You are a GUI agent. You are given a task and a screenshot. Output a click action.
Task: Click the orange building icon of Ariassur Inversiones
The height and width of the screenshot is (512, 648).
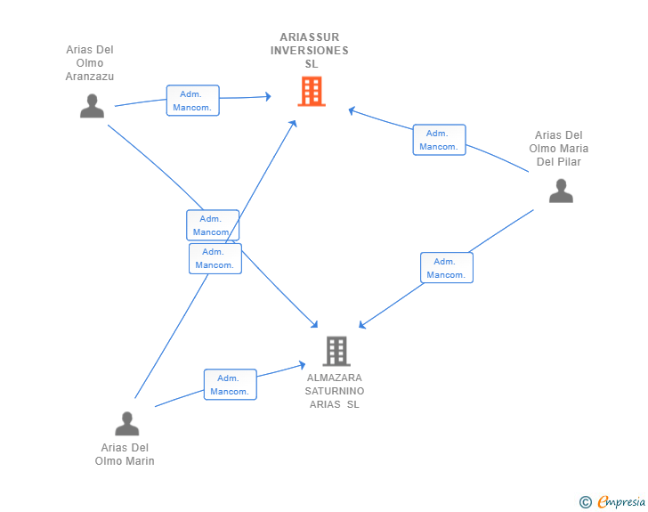(x=311, y=91)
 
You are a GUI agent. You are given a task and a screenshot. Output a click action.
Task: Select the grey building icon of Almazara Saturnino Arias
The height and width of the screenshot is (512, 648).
(x=336, y=352)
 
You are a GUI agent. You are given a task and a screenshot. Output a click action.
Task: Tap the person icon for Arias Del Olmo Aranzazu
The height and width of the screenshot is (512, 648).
(x=92, y=106)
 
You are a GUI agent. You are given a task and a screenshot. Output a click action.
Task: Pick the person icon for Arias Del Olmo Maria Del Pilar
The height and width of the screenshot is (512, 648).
(x=561, y=191)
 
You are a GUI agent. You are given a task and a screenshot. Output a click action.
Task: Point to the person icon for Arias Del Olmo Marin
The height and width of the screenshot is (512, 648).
(x=127, y=423)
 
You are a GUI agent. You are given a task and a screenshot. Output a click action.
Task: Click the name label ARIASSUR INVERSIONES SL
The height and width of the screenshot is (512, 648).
(x=310, y=51)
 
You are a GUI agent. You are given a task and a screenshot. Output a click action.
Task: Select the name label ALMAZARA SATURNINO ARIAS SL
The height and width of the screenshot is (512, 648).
(x=335, y=391)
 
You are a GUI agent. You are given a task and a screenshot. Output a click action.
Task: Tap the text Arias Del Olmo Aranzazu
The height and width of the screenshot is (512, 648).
(x=90, y=63)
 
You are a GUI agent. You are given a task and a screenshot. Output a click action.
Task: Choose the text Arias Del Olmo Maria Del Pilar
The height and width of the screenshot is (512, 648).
(x=559, y=149)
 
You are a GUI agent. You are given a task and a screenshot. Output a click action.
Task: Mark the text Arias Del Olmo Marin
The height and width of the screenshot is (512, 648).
(x=125, y=454)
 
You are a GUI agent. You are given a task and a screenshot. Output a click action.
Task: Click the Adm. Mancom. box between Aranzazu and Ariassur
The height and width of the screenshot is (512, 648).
(x=192, y=101)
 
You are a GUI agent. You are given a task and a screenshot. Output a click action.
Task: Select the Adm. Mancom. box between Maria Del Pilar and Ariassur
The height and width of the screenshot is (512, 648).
(x=439, y=140)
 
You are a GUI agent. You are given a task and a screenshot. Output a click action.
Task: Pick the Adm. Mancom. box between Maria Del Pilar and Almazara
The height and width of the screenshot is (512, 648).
(x=446, y=268)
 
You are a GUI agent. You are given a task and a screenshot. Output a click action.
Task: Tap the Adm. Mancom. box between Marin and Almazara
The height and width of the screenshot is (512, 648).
(x=230, y=385)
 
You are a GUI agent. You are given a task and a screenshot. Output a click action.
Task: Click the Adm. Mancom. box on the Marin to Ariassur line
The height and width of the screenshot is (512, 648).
(x=215, y=258)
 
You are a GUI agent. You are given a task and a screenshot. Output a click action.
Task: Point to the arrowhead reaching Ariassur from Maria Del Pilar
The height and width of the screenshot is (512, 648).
(x=352, y=111)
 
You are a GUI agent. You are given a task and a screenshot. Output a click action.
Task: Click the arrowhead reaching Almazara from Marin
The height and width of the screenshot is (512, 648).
(x=303, y=363)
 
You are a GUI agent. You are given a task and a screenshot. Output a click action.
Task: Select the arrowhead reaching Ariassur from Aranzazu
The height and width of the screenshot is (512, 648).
(x=266, y=96)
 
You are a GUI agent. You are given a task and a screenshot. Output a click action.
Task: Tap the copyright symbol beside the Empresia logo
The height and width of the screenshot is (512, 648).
(x=585, y=502)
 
